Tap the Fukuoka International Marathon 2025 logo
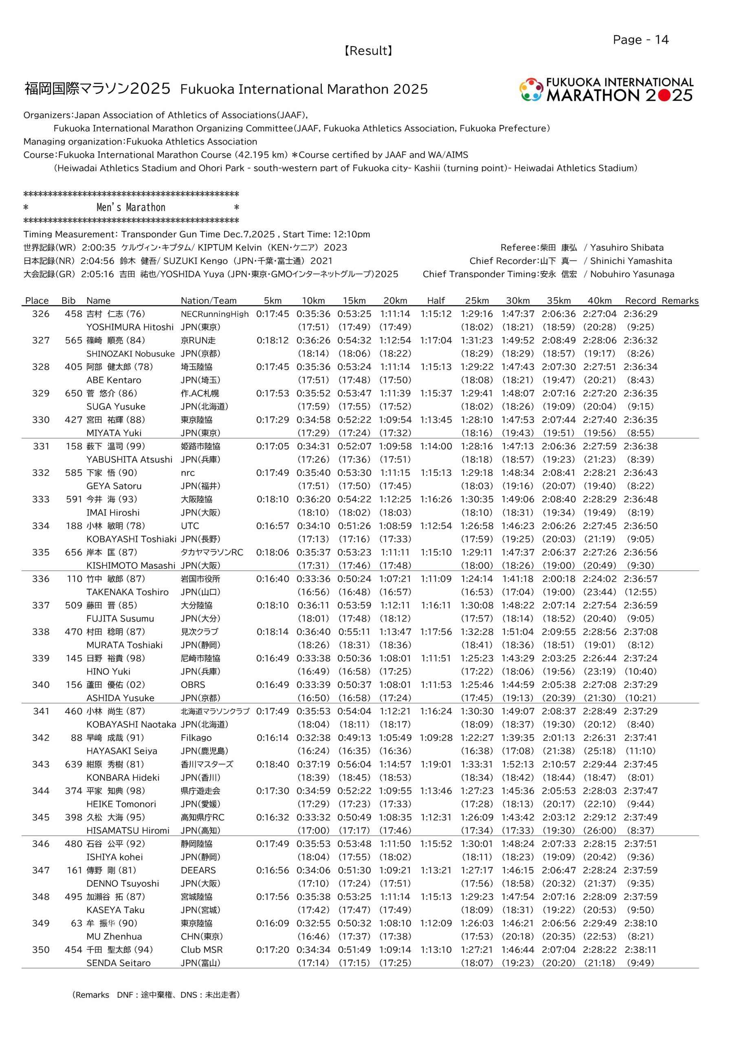point(606,90)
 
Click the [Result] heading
point(368,51)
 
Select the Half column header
point(436,301)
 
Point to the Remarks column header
point(680,301)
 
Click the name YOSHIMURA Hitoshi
point(130,327)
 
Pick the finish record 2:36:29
point(640,314)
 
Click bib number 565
point(74,340)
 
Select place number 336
point(40,579)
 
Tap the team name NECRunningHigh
point(214,314)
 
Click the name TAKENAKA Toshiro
point(127,592)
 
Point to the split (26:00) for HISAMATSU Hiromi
point(600,831)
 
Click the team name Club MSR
point(202,950)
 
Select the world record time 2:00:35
point(99,248)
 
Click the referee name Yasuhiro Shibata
point(627,248)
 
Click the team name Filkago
point(196,738)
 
